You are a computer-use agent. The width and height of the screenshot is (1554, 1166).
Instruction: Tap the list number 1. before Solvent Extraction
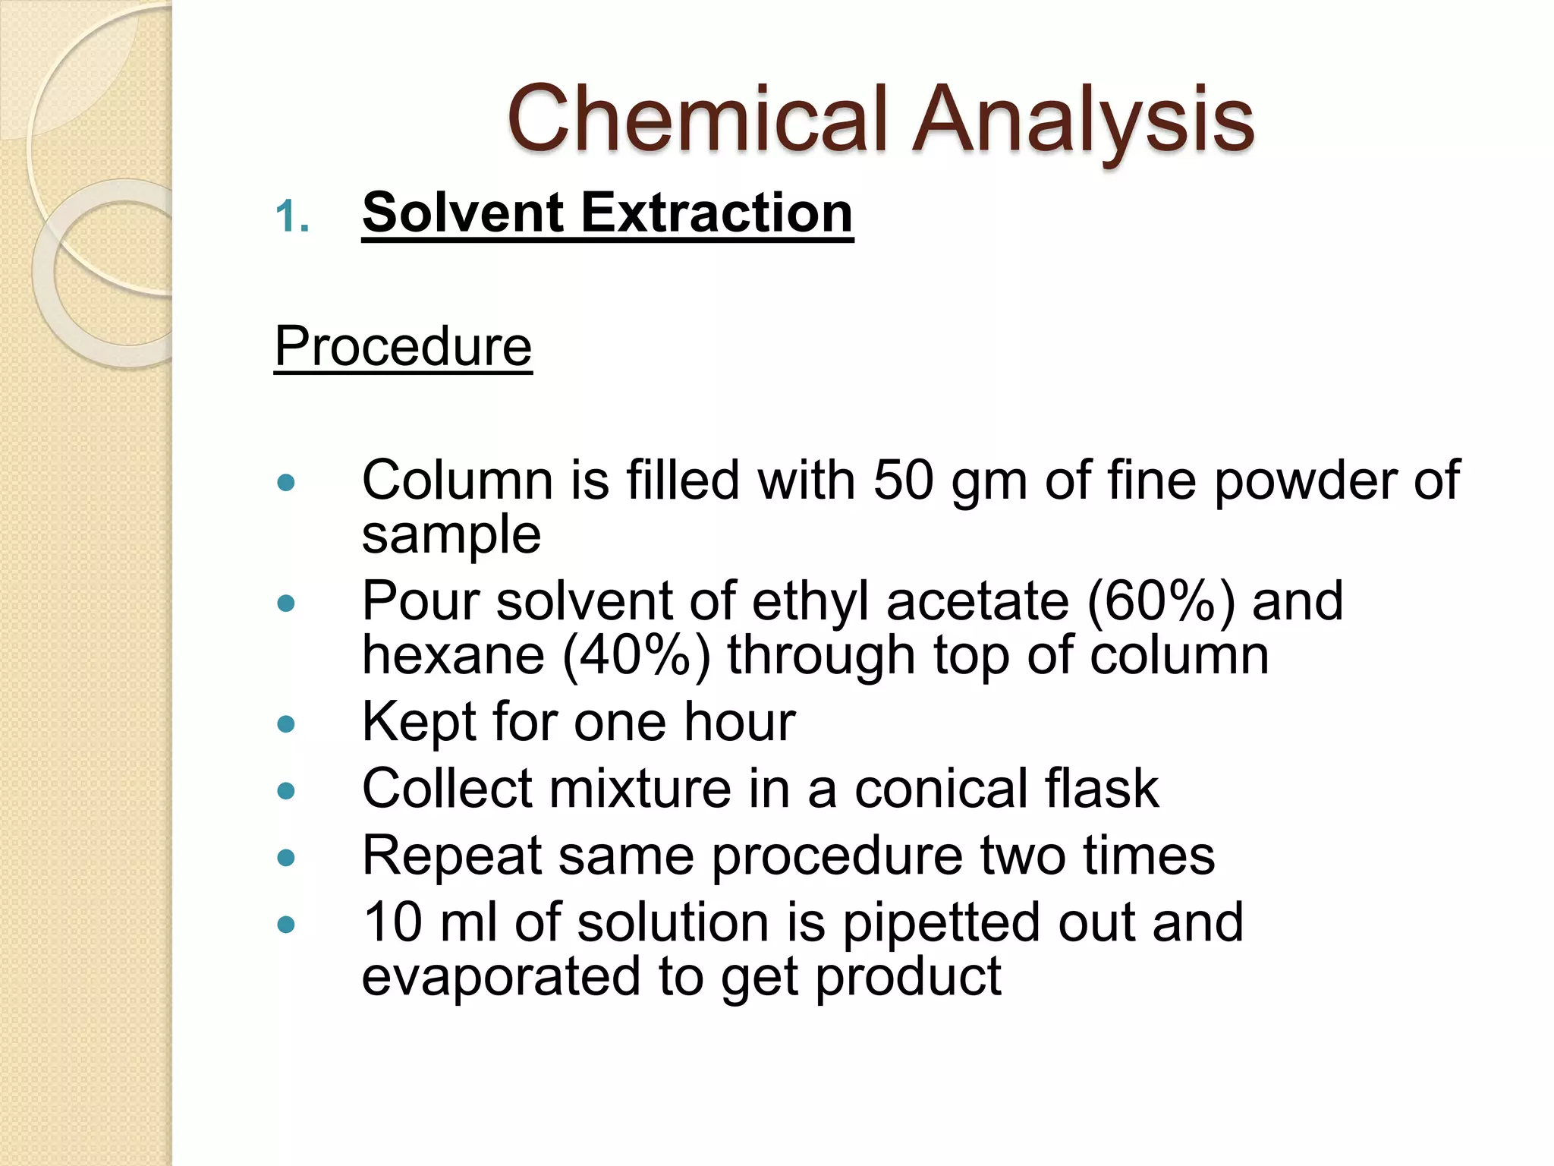click(292, 217)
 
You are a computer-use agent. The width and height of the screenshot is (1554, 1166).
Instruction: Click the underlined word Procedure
click(403, 346)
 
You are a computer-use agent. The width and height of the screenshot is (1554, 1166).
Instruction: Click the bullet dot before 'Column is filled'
click(286, 482)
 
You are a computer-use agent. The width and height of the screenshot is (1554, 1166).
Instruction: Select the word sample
click(451, 534)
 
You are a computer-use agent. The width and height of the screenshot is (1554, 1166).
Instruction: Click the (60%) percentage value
click(1161, 601)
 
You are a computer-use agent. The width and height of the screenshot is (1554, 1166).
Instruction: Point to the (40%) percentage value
click(636, 654)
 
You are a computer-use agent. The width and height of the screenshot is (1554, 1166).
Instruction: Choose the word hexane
click(453, 654)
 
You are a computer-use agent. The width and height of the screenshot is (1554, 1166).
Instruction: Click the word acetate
click(977, 601)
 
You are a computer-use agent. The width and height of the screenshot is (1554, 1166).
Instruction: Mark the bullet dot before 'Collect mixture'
click(286, 792)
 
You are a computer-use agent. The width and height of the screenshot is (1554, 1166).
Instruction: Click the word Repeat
click(452, 856)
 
